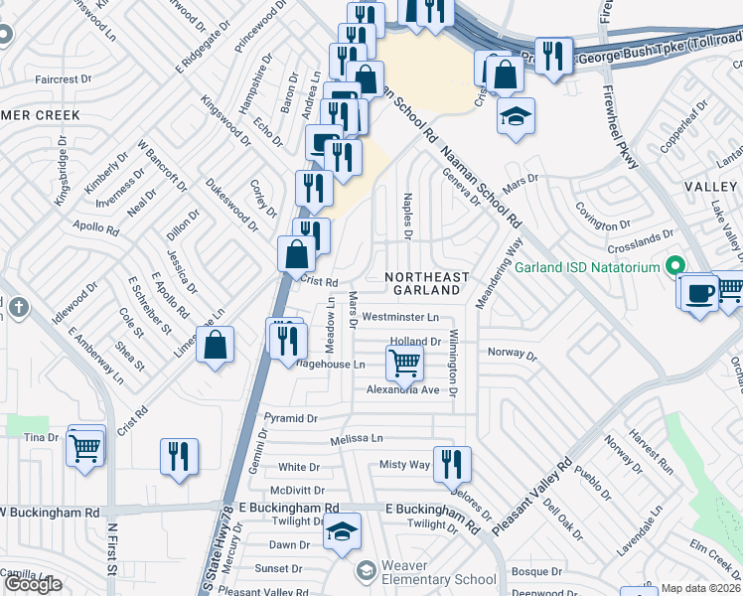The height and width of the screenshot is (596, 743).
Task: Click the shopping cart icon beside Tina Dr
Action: tap(85, 447)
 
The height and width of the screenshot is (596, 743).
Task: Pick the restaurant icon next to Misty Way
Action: tap(452, 462)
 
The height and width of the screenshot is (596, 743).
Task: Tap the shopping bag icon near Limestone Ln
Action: tap(215, 346)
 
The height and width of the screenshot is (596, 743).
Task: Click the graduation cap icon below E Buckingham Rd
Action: tap(342, 531)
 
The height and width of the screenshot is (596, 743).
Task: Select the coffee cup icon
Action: tap(699, 294)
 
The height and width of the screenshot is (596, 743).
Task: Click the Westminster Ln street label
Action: tap(399, 317)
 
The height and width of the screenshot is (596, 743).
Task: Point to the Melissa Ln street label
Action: tap(357, 438)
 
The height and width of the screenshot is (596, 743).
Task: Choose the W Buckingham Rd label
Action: tap(50, 513)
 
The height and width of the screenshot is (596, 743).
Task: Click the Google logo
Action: tap(33, 584)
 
